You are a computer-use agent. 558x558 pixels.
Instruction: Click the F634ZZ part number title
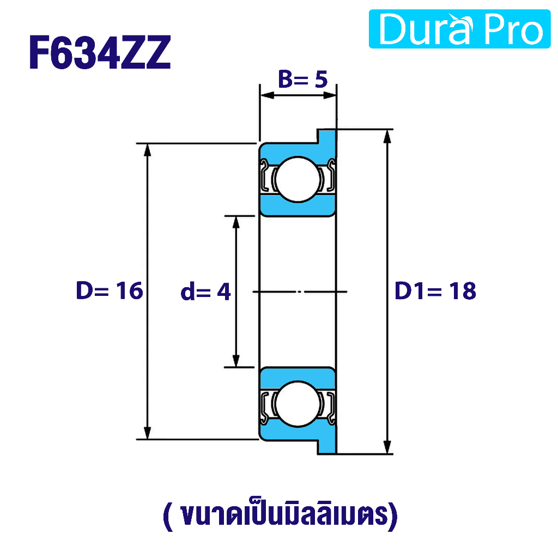[100, 52]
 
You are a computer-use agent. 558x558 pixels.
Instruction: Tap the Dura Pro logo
[459, 29]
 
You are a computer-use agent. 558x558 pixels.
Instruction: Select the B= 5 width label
[302, 79]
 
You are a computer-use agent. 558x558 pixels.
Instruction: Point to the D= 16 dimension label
[109, 290]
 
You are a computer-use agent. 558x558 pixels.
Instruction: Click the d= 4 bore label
[205, 292]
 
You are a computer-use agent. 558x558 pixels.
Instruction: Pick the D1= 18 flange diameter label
[435, 291]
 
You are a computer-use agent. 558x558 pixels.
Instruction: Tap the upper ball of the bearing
[298, 179]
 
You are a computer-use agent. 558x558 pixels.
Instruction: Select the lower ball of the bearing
[298, 404]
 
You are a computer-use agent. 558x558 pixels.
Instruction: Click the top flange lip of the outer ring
[326, 137]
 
